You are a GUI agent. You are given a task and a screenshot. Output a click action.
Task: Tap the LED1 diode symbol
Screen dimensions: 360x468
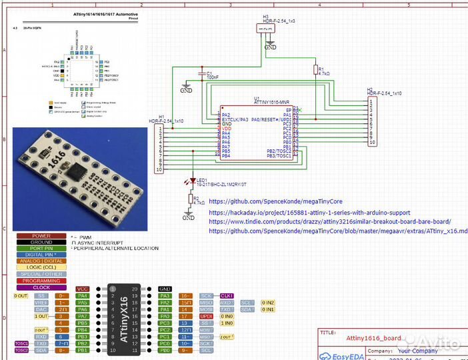(192, 181)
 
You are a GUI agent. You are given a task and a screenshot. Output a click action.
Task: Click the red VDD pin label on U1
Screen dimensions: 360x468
(227, 128)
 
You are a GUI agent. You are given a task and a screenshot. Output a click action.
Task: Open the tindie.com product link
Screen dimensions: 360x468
(329, 221)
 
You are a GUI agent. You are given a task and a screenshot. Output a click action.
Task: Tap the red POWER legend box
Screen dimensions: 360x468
(41, 236)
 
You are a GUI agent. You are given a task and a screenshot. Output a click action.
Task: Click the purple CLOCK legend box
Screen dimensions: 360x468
(41, 287)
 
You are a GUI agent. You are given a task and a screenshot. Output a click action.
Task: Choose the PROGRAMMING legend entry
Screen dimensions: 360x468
(41, 281)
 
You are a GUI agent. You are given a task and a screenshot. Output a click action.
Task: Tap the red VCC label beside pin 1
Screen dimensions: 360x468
(83, 289)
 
